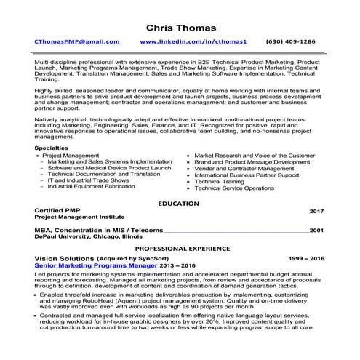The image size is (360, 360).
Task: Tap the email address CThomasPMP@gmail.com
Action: pyautogui.click(x=77, y=43)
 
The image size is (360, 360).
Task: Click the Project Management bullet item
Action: pyautogui.click(x=71, y=156)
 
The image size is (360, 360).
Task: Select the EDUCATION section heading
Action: pyautogui.click(x=179, y=203)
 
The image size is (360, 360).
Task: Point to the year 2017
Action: pyautogui.click(x=316, y=212)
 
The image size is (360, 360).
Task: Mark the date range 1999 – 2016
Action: pyautogui.click(x=306, y=259)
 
